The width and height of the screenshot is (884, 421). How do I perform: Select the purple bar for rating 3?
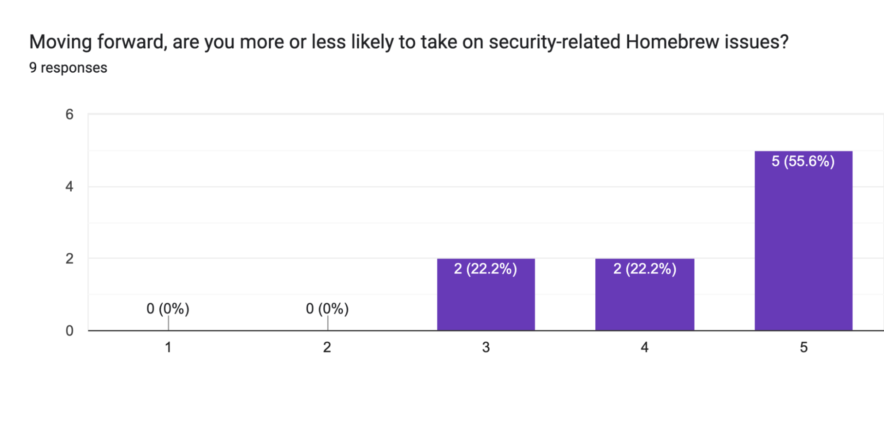click(x=486, y=301)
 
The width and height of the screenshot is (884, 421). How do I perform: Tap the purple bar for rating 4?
click(x=644, y=301)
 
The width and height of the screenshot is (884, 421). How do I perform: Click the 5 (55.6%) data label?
click(x=803, y=161)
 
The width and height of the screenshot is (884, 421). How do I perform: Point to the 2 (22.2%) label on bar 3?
click(x=486, y=269)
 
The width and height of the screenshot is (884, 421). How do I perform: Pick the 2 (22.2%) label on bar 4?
click(x=644, y=269)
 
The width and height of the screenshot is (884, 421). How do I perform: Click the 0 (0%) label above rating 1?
click(x=168, y=309)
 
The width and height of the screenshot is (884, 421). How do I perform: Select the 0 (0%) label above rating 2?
click(x=327, y=309)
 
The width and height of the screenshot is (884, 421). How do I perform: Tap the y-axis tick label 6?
click(x=69, y=115)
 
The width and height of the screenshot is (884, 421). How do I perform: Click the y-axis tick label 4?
click(x=69, y=186)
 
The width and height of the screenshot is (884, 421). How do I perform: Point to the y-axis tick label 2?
click(x=69, y=259)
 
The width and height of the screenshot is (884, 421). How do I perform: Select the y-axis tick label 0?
click(x=69, y=331)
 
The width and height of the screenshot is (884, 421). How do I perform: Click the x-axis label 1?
click(x=168, y=348)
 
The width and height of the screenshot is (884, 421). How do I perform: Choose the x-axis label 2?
click(x=327, y=348)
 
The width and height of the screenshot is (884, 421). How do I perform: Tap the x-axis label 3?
click(x=486, y=348)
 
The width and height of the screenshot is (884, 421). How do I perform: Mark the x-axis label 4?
click(x=644, y=348)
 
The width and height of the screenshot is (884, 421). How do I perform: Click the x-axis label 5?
click(x=804, y=348)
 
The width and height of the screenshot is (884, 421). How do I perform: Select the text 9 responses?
click(x=68, y=68)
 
